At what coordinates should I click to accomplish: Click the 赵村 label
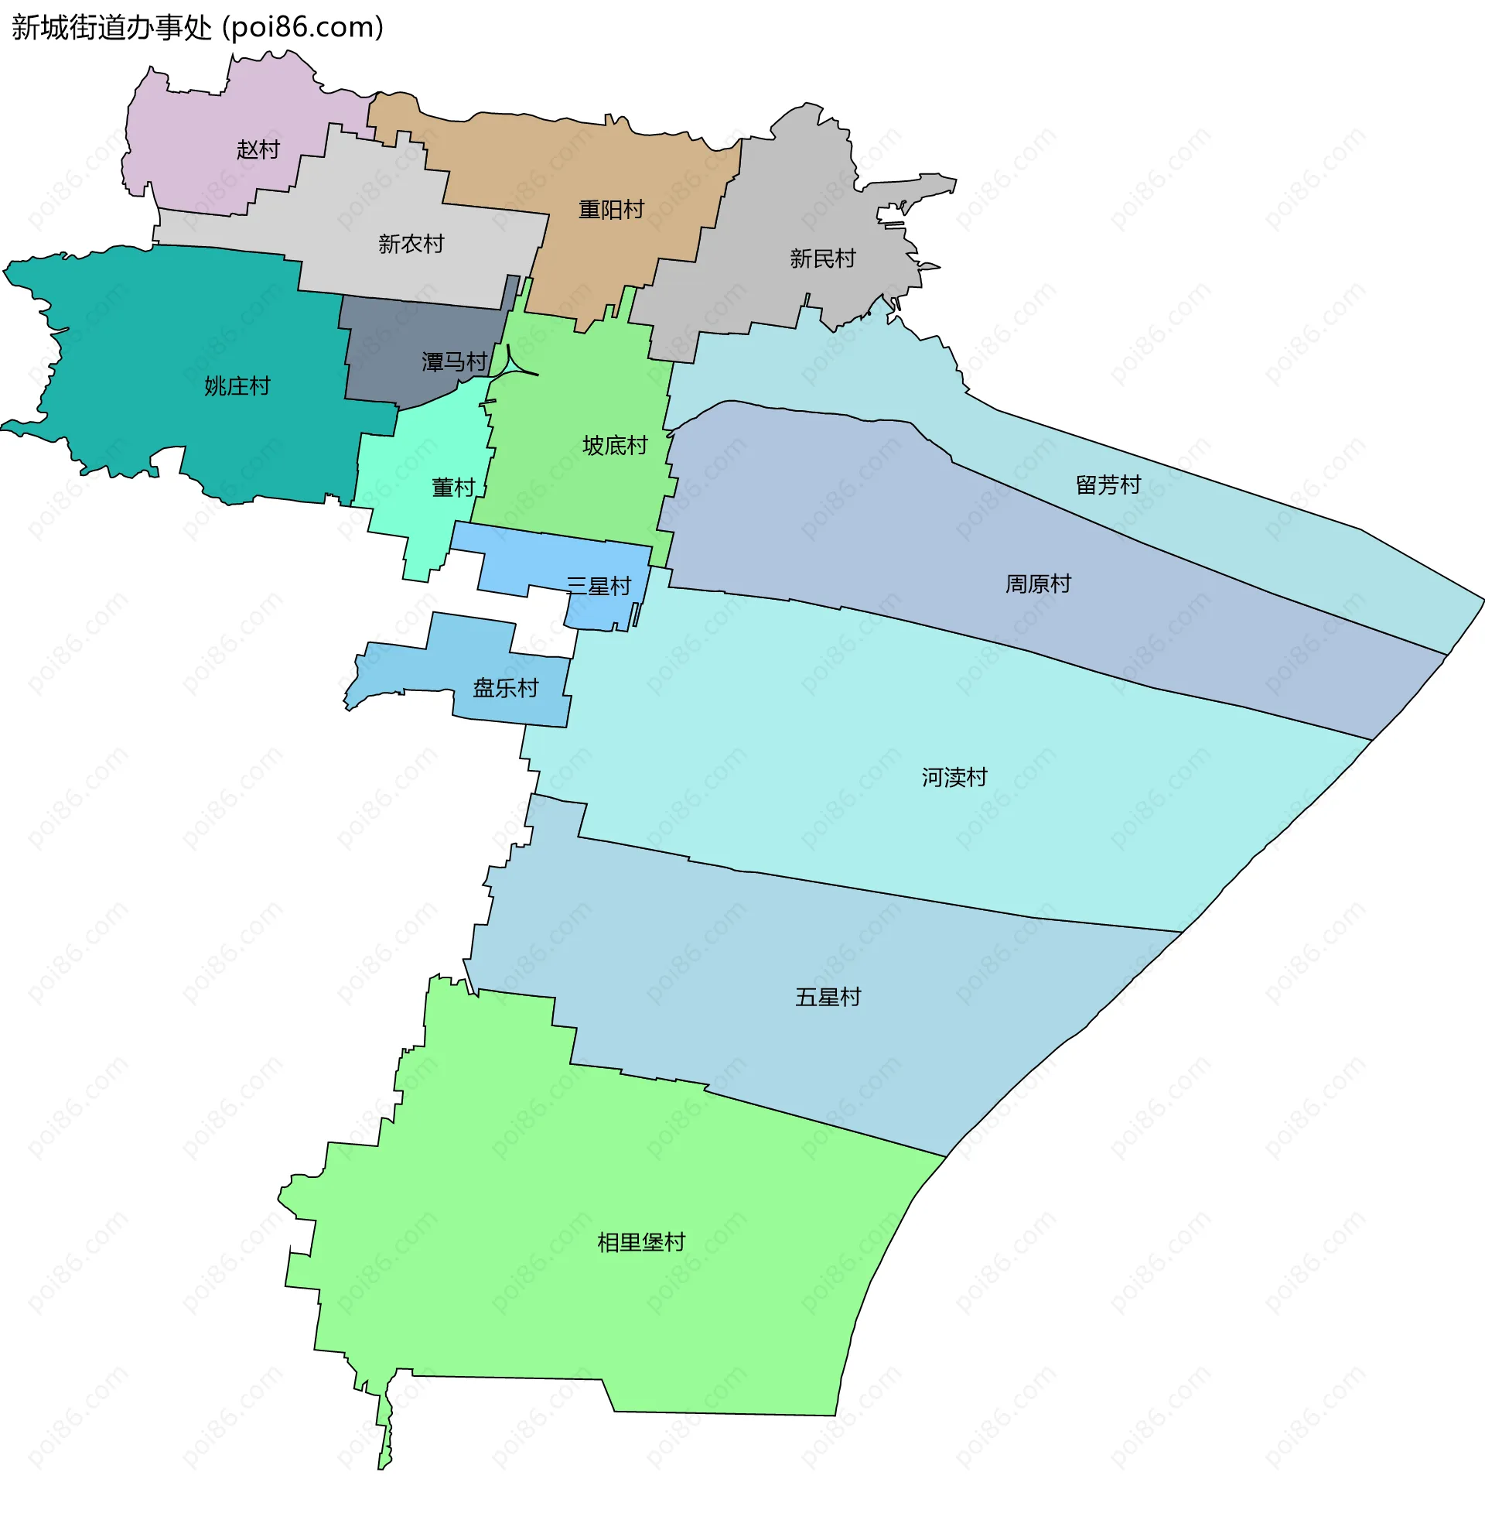point(258,149)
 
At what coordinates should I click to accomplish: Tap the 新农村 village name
point(411,245)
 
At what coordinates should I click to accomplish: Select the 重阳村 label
point(611,209)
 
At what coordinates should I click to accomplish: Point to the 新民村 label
point(823,258)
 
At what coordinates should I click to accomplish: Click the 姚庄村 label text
point(237,385)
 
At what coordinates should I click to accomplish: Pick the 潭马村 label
point(454,361)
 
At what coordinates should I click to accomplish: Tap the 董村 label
point(453,487)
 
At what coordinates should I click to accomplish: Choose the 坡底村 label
point(615,445)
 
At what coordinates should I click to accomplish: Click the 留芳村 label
point(1108,484)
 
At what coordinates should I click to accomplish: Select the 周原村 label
point(1037,583)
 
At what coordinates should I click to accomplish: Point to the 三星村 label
point(598,585)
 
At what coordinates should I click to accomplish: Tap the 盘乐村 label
point(505,687)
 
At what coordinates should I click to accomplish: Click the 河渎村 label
point(954,776)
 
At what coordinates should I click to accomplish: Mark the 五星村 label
point(828,996)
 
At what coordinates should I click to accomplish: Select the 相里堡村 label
point(640,1241)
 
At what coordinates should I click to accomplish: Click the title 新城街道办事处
point(111,27)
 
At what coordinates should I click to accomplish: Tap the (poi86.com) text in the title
point(302,27)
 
